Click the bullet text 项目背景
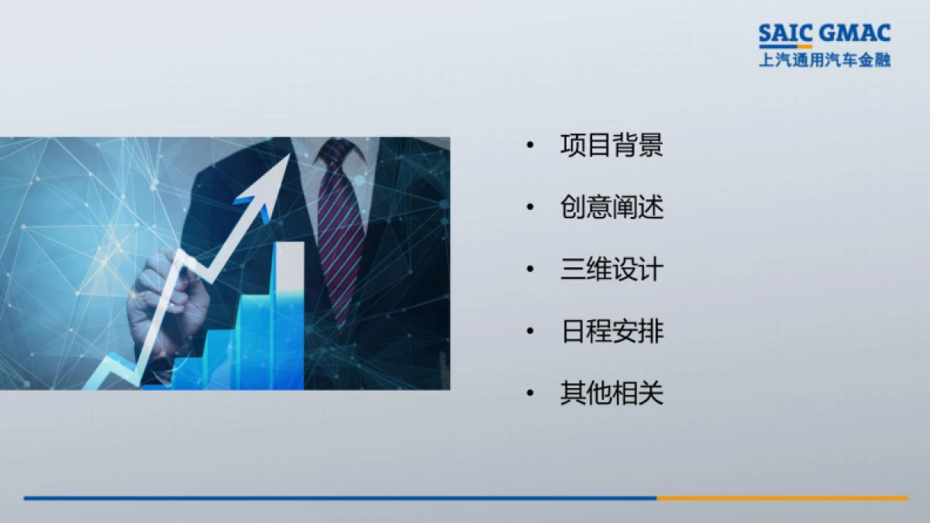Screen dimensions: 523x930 pyautogui.click(x=611, y=146)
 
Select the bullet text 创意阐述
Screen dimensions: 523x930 pyautogui.click(x=611, y=208)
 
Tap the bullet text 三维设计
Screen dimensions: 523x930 pyautogui.click(x=611, y=270)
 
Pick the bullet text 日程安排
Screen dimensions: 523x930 pyautogui.click(x=611, y=332)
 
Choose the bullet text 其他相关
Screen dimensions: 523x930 pyautogui.click(x=611, y=394)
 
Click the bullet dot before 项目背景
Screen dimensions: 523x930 pyautogui.click(x=530, y=146)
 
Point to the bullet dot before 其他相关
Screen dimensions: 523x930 pyautogui.click(x=530, y=394)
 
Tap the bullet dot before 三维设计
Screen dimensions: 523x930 pyautogui.click(x=530, y=270)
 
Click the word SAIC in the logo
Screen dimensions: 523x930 pyautogui.click(x=785, y=33)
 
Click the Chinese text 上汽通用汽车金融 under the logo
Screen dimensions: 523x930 pyautogui.click(x=825, y=60)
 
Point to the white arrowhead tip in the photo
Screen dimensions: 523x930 pyautogui.click(x=288, y=155)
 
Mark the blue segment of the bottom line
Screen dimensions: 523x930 pyautogui.click(x=341, y=498)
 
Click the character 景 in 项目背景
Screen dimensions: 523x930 pyautogui.click(x=651, y=146)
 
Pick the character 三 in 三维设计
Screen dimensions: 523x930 pyautogui.click(x=573, y=270)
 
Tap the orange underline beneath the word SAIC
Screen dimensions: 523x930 pyautogui.click(x=785, y=46)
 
